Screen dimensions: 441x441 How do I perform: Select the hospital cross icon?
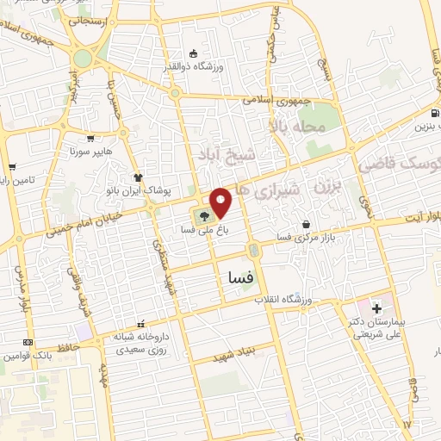click(x=376, y=307)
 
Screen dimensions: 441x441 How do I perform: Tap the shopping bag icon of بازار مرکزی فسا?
click(x=306, y=225)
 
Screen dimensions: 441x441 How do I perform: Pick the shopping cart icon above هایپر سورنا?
click(x=90, y=137)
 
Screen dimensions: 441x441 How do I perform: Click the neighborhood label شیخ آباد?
click(x=233, y=155)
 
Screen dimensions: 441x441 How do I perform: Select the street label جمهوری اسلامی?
click(x=276, y=100)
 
